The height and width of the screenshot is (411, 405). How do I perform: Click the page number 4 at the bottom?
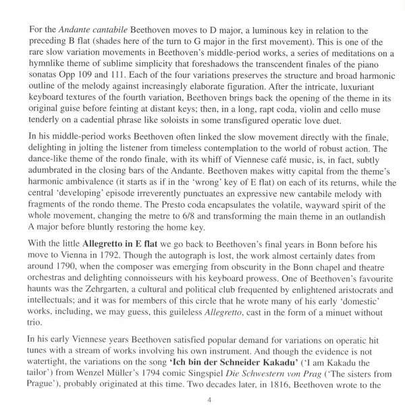[x=202, y=399]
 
